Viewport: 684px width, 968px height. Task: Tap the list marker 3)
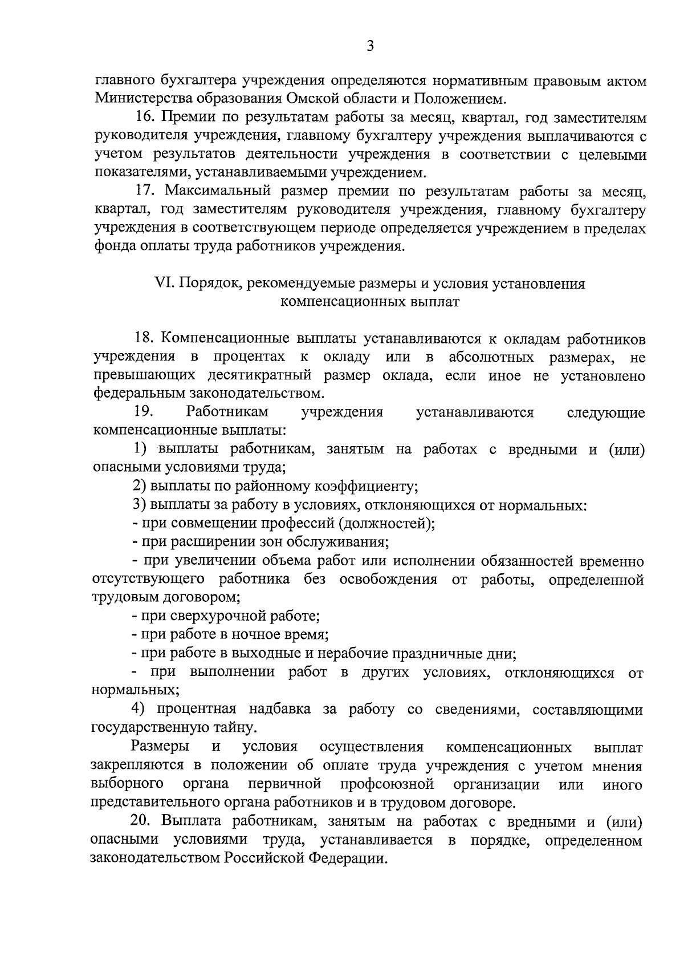pyautogui.click(x=139, y=505)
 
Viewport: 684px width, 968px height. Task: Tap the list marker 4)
pyautogui.click(x=139, y=709)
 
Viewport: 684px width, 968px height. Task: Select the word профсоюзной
pyautogui.click(x=387, y=784)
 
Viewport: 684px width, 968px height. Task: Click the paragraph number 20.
pyautogui.click(x=142, y=822)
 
